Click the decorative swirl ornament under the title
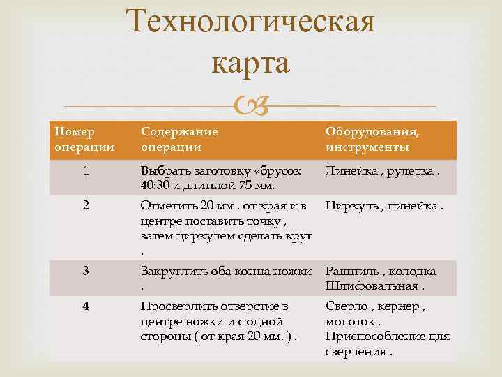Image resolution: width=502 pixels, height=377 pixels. [248, 106]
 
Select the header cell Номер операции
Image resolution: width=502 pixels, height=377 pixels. [76, 139]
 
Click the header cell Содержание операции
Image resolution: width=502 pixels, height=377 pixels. [179, 139]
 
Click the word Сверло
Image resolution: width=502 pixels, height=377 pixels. [345, 306]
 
